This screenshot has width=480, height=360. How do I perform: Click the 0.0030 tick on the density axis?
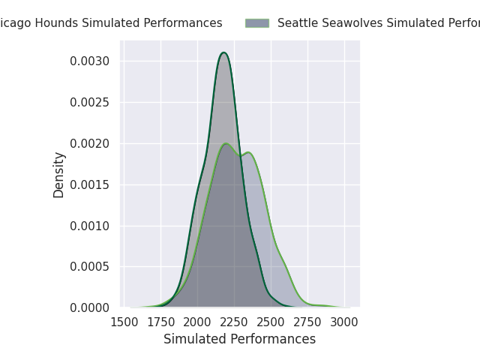click(91, 61)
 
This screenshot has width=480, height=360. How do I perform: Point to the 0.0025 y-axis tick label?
click(91, 102)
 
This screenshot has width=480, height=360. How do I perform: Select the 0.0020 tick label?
click(91, 143)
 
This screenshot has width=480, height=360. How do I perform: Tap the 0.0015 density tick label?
click(91, 184)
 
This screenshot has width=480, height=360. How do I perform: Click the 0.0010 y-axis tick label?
click(91, 226)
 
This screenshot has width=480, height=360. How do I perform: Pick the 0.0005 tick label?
click(91, 267)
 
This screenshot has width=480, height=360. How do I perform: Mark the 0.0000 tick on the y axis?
click(91, 308)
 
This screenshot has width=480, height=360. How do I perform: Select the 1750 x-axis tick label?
click(160, 323)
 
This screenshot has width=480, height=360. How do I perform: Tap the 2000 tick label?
click(197, 323)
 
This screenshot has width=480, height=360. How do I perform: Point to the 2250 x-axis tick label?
click(234, 323)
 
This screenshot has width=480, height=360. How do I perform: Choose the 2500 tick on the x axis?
click(271, 323)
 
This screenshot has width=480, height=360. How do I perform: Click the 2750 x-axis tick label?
click(307, 323)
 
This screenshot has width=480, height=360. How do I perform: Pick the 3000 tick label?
click(344, 323)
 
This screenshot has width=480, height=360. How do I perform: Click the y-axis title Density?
click(59, 175)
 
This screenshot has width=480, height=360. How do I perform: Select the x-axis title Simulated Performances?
click(239, 340)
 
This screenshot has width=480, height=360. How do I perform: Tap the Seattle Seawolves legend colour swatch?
click(256, 23)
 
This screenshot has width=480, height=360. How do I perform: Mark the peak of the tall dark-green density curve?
click(223, 52)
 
